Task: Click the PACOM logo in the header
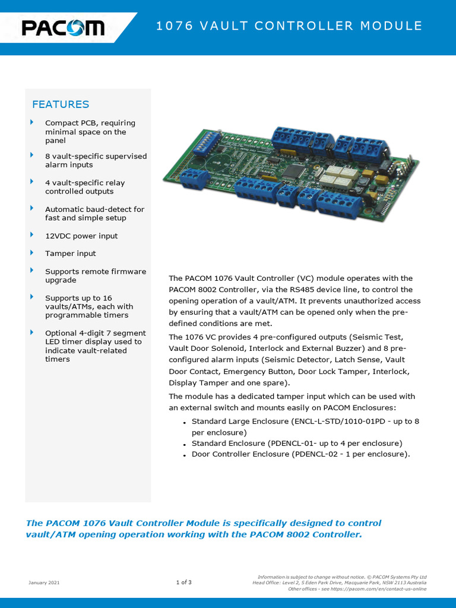[x=63, y=27]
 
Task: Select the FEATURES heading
[x=61, y=104]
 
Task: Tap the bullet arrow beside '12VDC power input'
[x=32, y=235]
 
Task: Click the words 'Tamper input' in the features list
[x=70, y=254]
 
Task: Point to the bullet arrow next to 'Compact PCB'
[x=32, y=122]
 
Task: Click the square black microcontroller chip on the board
[x=293, y=171]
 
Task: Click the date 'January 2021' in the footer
[x=44, y=582]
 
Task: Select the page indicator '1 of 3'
[x=183, y=582]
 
